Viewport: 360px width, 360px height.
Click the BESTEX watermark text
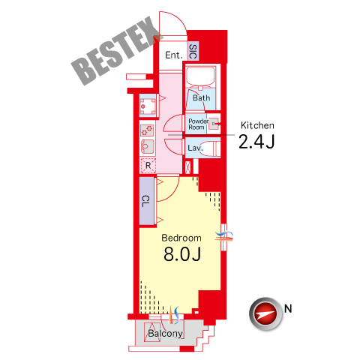pos(117,51)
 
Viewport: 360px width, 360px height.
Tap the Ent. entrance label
pos(174,55)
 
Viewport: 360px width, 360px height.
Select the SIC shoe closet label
pos(193,51)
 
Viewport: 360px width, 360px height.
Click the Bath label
pos(201,97)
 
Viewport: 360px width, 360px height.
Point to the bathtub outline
pos(200,76)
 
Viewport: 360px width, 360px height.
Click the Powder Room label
pos(199,124)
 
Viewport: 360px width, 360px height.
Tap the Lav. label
pos(195,148)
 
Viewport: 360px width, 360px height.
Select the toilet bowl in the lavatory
pos(211,149)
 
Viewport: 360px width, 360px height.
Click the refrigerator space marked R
pos(148,165)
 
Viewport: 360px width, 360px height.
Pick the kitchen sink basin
pos(148,146)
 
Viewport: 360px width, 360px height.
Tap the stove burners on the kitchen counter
pos(147,130)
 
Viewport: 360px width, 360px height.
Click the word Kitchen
pos(257,125)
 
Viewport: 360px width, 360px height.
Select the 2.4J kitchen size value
pos(256,142)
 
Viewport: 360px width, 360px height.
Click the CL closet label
pos(146,201)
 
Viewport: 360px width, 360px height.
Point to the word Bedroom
pos(181,238)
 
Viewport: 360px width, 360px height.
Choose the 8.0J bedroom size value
pos(182,254)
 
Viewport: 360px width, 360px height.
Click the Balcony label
pos(165,334)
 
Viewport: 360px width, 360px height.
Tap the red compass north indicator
pos(265,314)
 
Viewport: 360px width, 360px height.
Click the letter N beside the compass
pos(288,309)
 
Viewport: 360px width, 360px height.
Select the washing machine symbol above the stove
pos(148,106)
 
